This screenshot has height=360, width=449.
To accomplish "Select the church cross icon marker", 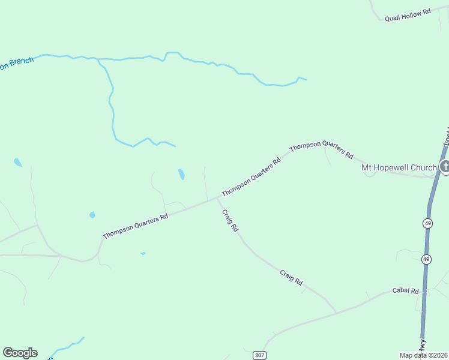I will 445,167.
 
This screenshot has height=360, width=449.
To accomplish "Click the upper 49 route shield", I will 427,223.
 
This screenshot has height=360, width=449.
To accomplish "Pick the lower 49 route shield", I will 426,259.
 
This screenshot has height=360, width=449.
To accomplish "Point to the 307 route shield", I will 259,355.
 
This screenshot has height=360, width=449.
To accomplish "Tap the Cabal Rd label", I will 405,290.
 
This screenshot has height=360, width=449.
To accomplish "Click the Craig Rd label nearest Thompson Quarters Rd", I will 230,220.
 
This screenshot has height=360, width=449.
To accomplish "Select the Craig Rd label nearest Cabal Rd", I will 291,277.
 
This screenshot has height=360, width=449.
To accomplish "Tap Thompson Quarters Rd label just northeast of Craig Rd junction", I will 251,177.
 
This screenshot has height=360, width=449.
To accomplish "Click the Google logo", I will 20,353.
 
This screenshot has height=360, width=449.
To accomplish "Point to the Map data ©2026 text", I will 423,355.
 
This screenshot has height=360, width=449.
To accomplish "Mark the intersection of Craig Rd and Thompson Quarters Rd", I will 217,197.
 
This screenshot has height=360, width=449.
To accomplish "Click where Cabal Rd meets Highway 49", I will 424,290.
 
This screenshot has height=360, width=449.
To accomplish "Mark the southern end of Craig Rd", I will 336,313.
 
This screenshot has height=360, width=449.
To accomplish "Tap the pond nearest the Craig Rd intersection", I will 181,175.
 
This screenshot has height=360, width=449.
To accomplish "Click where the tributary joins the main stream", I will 98,59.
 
